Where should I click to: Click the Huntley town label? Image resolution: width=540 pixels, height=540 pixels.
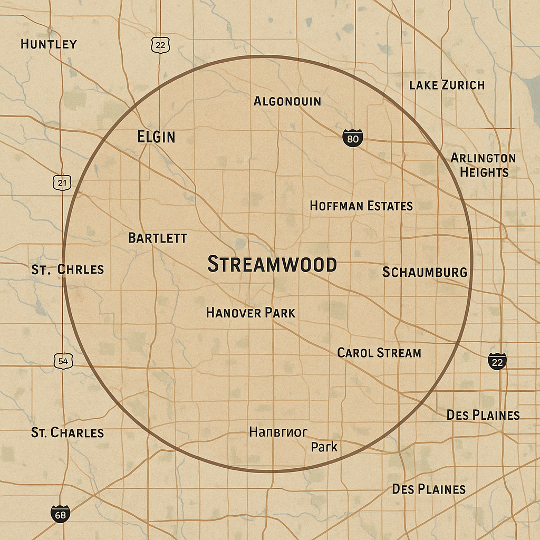[x=49, y=44]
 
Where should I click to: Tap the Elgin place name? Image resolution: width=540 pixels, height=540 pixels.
[x=156, y=137]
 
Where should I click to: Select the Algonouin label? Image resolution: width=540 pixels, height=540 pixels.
[x=287, y=101]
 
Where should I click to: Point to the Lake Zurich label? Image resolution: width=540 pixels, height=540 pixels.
[x=447, y=85]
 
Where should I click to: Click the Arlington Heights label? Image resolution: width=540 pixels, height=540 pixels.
[x=484, y=165]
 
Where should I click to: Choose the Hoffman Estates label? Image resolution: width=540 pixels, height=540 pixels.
[x=361, y=206]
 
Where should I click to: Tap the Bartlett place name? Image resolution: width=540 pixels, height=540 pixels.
[x=157, y=238]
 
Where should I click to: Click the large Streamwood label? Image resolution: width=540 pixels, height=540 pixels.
[x=272, y=264]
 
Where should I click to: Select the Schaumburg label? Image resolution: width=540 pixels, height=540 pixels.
[x=425, y=272]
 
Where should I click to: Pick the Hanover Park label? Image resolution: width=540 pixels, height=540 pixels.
[x=250, y=313]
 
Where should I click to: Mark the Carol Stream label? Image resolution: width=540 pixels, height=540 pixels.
[x=379, y=353]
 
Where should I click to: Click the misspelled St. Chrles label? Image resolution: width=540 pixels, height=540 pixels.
[x=67, y=269]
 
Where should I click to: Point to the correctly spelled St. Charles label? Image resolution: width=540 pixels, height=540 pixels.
[x=67, y=433]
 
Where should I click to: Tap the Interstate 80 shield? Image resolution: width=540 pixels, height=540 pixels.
[x=352, y=139]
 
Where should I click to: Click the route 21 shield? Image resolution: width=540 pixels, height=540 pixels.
[x=63, y=183]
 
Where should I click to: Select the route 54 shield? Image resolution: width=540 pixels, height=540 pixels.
[x=63, y=361]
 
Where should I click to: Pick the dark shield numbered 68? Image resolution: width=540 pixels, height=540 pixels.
[x=61, y=514]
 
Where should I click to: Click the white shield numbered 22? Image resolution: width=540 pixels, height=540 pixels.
[x=160, y=45]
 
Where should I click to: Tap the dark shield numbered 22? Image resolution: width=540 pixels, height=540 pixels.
[x=497, y=362]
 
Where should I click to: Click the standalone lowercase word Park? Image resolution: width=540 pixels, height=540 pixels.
[x=324, y=447]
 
